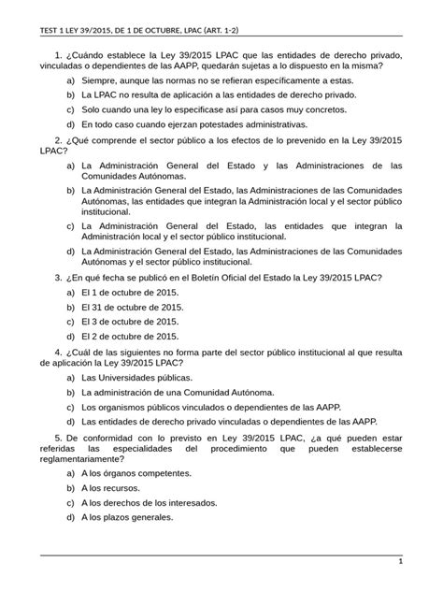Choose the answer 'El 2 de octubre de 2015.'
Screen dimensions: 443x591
(x=129, y=335)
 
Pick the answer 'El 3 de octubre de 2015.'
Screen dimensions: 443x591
(x=129, y=321)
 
